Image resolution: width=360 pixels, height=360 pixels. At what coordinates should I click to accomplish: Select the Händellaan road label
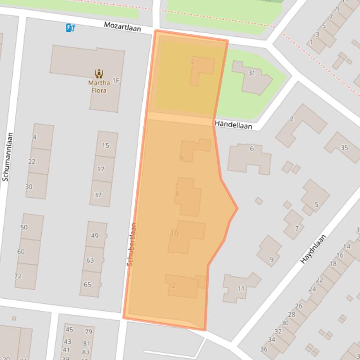(x=234, y=125)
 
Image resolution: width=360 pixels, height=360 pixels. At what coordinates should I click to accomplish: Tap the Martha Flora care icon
(x=99, y=73)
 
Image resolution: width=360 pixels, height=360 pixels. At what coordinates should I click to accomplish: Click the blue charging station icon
(x=70, y=28)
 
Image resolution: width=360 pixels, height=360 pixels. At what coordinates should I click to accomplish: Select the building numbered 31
(x=251, y=73)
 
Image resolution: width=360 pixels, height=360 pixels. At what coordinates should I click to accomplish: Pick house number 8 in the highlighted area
(x=177, y=194)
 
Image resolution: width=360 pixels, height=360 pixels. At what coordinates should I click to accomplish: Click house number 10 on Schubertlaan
(x=174, y=233)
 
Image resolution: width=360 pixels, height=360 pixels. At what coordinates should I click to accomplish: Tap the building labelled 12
(x=171, y=286)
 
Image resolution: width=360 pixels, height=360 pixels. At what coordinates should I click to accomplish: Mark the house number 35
(x=344, y=148)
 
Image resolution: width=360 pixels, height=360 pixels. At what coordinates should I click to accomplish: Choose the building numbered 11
(x=241, y=288)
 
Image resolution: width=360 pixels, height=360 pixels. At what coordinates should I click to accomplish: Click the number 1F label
(x=116, y=81)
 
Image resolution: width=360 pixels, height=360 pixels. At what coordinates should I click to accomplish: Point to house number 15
(x=105, y=145)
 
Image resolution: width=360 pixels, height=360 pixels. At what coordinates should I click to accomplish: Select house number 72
(x=18, y=276)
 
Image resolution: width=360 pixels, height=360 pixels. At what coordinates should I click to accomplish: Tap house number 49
(x=95, y=236)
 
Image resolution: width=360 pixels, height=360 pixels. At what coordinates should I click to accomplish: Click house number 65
(x=88, y=284)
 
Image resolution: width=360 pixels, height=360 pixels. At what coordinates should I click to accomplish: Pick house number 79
(x=88, y=332)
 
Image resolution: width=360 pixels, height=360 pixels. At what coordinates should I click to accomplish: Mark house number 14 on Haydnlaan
(x=346, y=246)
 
